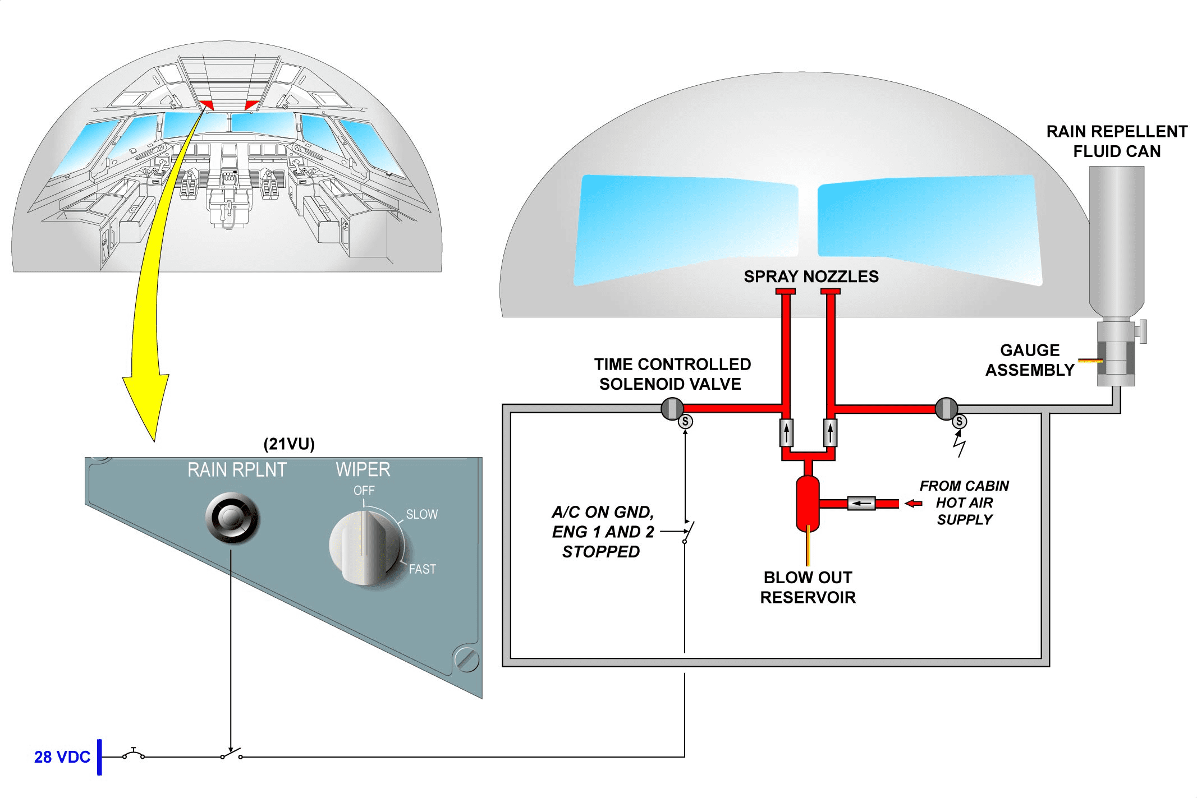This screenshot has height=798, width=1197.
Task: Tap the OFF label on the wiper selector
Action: [364, 491]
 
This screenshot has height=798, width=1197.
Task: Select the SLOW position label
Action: [421, 514]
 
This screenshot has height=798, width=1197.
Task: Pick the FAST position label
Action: [422, 569]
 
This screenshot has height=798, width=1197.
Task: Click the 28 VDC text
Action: [62, 757]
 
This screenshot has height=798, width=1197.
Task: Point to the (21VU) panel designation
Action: [289, 444]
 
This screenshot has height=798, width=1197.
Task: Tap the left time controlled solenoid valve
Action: [672, 409]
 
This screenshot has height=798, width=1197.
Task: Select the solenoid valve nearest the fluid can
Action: [946, 409]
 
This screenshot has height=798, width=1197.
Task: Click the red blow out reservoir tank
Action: [808, 504]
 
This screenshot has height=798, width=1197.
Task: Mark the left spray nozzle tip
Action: [786, 291]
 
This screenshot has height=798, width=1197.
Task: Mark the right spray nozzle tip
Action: [831, 291]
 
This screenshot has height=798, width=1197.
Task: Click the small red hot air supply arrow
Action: [914, 503]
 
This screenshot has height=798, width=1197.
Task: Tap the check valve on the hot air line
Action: [861, 503]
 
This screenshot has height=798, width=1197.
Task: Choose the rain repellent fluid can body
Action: [1116, 236]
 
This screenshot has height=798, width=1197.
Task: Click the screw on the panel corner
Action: [466, 659]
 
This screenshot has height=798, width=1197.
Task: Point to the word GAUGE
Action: [1030, 350]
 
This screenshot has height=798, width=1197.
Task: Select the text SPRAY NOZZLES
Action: [811, 276]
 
